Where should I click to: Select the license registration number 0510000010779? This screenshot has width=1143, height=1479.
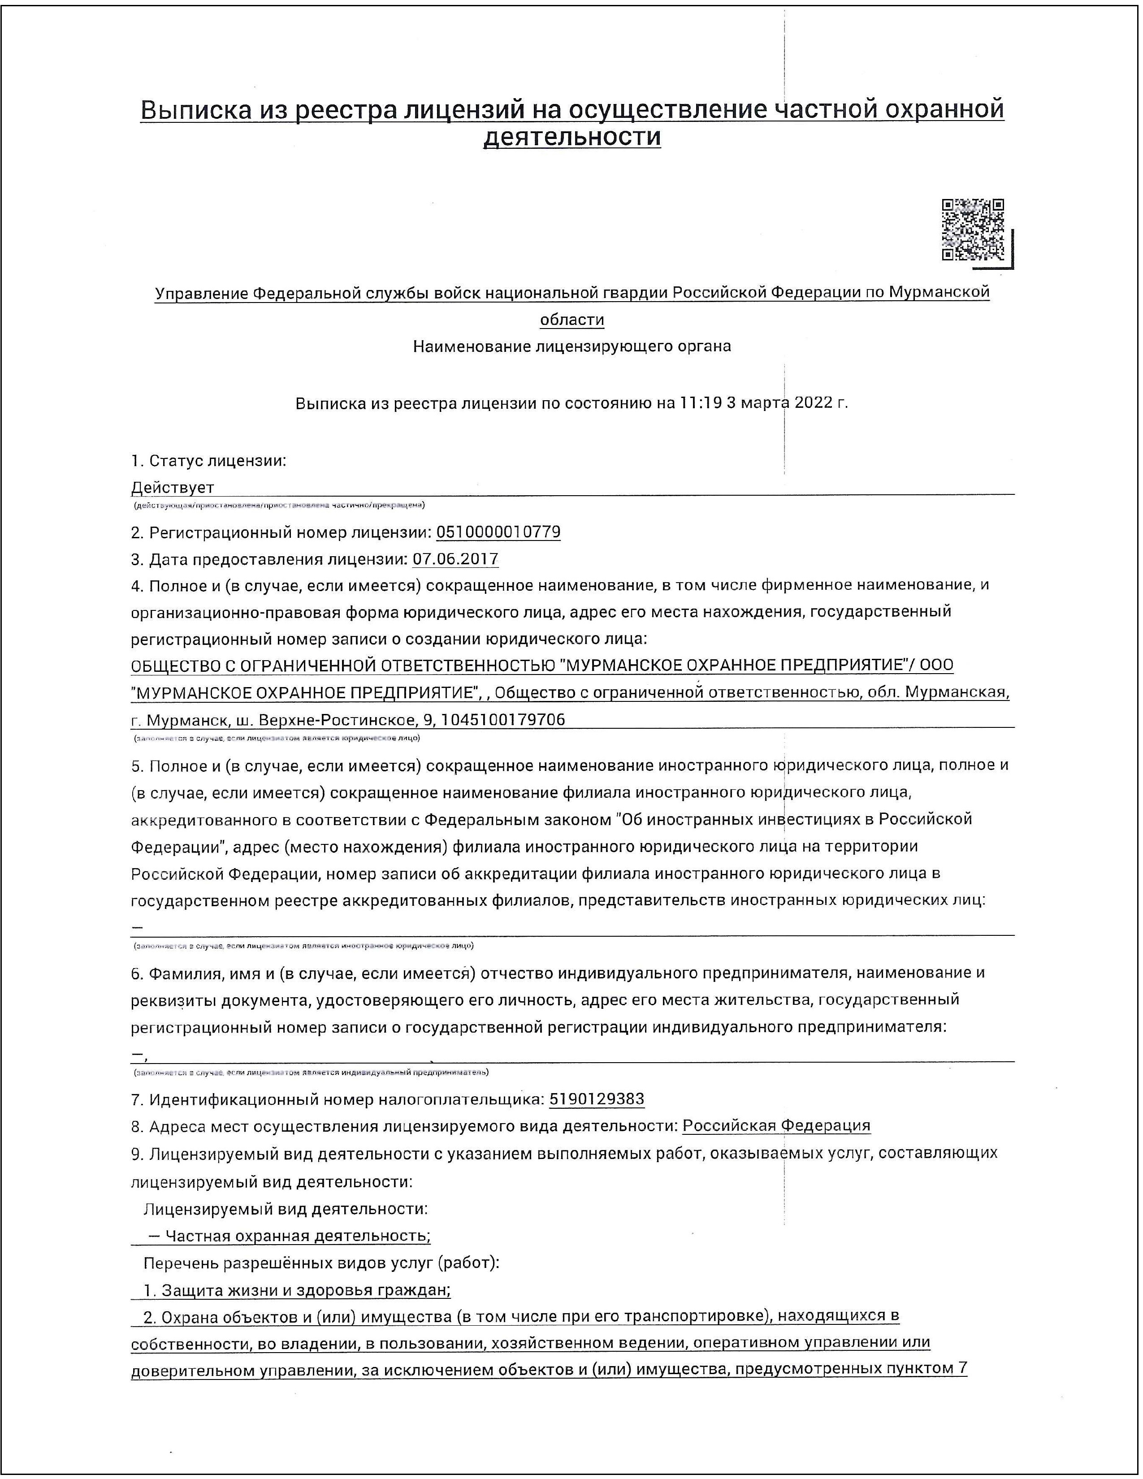[498, 532]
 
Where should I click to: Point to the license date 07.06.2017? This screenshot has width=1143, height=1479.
[455, 559]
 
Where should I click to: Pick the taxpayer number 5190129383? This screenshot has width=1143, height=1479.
[597, 1099]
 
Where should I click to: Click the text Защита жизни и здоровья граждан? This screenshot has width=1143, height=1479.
[305, 1290]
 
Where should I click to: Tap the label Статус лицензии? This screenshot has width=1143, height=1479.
[216, 461]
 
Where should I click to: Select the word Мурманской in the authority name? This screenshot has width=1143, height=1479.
[939, 293]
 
